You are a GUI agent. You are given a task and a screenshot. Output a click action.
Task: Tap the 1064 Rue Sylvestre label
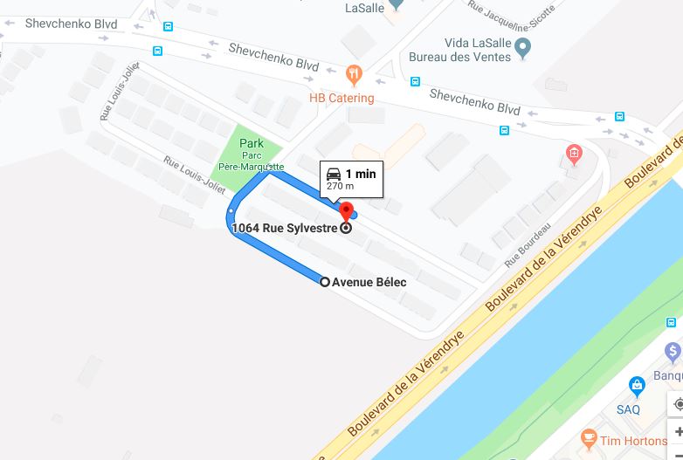(286, 229)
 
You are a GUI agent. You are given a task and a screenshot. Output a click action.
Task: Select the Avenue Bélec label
(369, 282)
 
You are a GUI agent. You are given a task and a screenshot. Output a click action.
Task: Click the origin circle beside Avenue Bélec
(325, 282)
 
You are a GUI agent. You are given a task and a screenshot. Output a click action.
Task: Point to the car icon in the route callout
(334, 173)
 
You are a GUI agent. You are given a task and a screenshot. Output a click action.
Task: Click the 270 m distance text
(340, 186)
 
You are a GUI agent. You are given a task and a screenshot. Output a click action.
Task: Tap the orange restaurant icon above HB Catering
(354, 73)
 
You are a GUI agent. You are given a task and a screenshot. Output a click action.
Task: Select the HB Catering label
(341, 98)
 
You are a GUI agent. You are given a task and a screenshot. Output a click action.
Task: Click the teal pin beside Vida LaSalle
(522, 46)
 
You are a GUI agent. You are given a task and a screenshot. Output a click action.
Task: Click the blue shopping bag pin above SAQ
(637, 385)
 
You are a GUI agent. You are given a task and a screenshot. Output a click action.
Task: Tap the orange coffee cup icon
(589, 436)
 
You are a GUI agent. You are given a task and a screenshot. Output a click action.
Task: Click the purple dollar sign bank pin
(673, 353)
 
